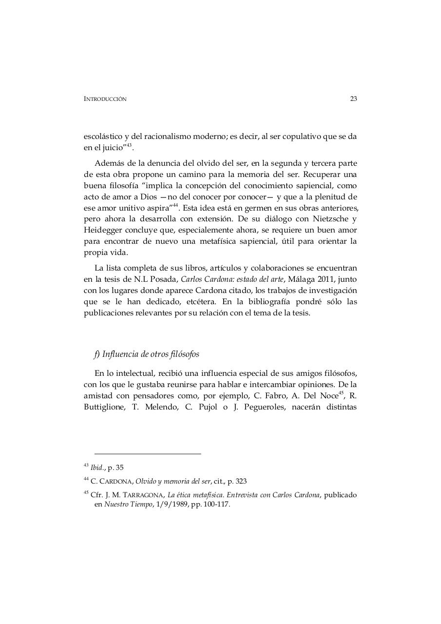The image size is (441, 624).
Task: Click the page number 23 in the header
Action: click(353, 99)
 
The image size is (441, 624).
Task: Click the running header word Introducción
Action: click(105, 99)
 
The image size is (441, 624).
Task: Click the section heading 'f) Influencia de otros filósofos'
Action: click(147, 354)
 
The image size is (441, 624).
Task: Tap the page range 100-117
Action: click(217, 505)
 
